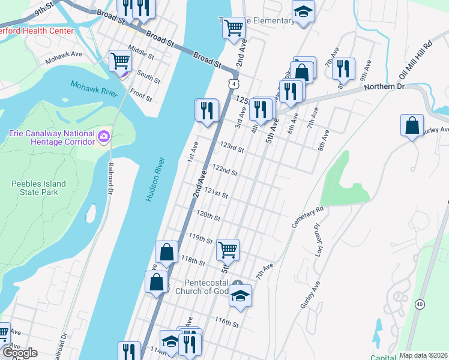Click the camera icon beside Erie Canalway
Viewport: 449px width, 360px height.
(x=104, y=137)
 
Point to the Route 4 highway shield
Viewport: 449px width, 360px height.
(x=232, y=83)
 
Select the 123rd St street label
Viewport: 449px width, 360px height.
(x=232, y=148)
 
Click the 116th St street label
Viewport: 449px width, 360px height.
(x=228, y=323)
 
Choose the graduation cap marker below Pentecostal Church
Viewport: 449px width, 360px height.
(x=240, y=295)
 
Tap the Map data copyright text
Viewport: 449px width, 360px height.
(x=423, y=355)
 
